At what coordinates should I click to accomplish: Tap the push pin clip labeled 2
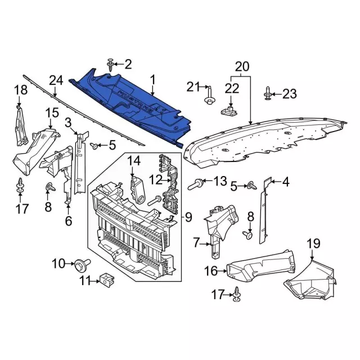click(111, 65)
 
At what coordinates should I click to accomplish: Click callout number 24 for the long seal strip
click(56, 81)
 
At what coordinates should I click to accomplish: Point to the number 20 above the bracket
click(242, 67)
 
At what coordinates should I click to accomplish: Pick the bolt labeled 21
click(210, 96)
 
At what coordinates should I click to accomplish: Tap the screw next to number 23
click(268, 93)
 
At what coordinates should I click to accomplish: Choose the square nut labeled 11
click(106, 280)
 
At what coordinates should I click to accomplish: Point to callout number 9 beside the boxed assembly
click(188, 217)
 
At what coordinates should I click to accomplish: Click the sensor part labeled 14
click(137, 190)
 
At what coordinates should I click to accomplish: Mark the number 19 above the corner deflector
click(314, 244)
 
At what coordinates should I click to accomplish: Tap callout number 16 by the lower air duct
click(211, 271)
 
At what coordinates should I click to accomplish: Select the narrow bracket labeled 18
click(21, 126)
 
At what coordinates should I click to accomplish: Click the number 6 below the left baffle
click(69, 221)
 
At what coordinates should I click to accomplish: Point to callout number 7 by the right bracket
click(196, 244)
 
